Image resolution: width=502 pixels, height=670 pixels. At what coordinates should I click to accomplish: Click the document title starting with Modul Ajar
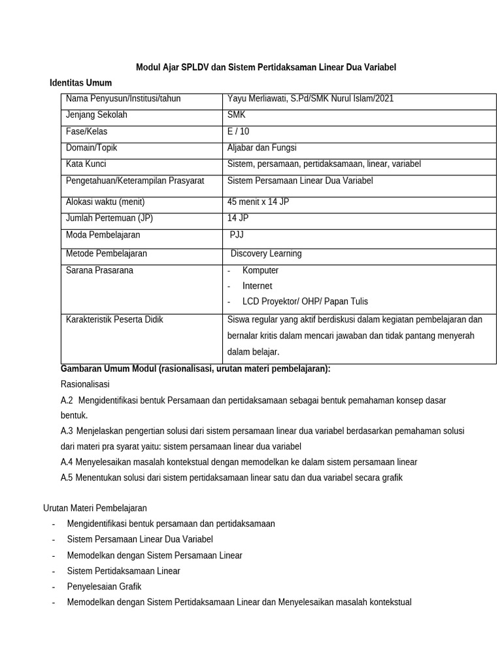(x=265, y=67)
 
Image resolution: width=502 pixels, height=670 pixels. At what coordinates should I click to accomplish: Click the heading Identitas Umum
(x=81, y=82)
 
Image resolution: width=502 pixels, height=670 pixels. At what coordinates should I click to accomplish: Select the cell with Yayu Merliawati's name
(x=310, y=99)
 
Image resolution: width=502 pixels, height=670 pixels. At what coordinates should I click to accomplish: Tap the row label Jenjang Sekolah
(x=97, y=115)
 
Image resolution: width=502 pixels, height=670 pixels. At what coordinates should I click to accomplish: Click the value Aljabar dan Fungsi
(x=261, y=148)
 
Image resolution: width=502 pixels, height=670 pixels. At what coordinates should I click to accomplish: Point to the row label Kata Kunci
(x=86, y=164)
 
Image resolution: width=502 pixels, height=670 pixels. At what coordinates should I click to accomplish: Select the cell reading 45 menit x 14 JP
(x=258, y=202)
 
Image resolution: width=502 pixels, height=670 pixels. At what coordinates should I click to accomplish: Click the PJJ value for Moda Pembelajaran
(x=237, y=234)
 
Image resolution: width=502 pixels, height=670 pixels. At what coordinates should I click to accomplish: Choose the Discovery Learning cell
(x=266, y=253)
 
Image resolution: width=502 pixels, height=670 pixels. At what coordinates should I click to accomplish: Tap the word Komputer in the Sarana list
(x=260, y=270)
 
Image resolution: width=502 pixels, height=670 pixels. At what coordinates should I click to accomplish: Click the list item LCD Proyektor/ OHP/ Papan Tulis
(x=305, y=302)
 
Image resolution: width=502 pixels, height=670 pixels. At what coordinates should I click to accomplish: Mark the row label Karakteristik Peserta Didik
(x=114, y=320)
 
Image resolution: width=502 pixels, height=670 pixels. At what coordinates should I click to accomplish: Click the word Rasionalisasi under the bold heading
(x=85, y=384)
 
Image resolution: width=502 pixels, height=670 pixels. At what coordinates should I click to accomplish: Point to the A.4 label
(x=67, y=462)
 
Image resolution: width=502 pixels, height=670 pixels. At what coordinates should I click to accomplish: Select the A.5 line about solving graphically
(x=231, y=478)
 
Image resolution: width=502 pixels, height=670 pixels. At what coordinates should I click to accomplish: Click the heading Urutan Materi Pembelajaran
(x=95, y=508)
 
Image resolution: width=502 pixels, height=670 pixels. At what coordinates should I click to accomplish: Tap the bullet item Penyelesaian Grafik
(x=104, y=586)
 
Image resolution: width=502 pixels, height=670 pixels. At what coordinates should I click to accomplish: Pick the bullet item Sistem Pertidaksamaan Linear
(x=124, y=571)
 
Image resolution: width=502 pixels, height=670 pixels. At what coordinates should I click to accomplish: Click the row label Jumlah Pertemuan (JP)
(x=109, y=218)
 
